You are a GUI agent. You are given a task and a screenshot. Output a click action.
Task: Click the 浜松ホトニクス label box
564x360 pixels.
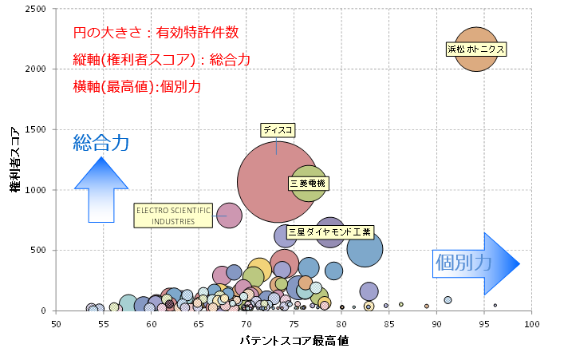[476, 49]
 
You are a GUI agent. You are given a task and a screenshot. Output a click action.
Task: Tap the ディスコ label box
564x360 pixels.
[278, 129]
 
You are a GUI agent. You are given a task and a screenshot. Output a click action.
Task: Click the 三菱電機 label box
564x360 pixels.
[307, 184]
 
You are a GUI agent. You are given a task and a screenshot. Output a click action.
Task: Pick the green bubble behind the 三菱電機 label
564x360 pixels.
[309, 170]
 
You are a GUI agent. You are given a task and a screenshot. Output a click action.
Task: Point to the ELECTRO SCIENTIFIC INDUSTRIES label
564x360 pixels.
[173, 216]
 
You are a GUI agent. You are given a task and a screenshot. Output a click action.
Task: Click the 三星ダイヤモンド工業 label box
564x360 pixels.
[329, 232]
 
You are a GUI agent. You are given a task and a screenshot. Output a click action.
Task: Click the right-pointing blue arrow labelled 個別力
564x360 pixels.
[475, 263]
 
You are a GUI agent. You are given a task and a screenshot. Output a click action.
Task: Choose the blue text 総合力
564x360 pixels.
[101, 143]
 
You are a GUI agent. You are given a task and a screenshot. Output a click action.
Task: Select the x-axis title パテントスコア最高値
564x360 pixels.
[294, 342]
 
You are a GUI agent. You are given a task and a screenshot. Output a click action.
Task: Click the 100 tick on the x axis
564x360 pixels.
[531, 324]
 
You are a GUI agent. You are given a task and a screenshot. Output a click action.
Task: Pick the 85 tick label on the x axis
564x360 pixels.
[388, 324]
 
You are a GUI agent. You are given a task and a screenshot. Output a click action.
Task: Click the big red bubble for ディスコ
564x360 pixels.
[267, 188]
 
